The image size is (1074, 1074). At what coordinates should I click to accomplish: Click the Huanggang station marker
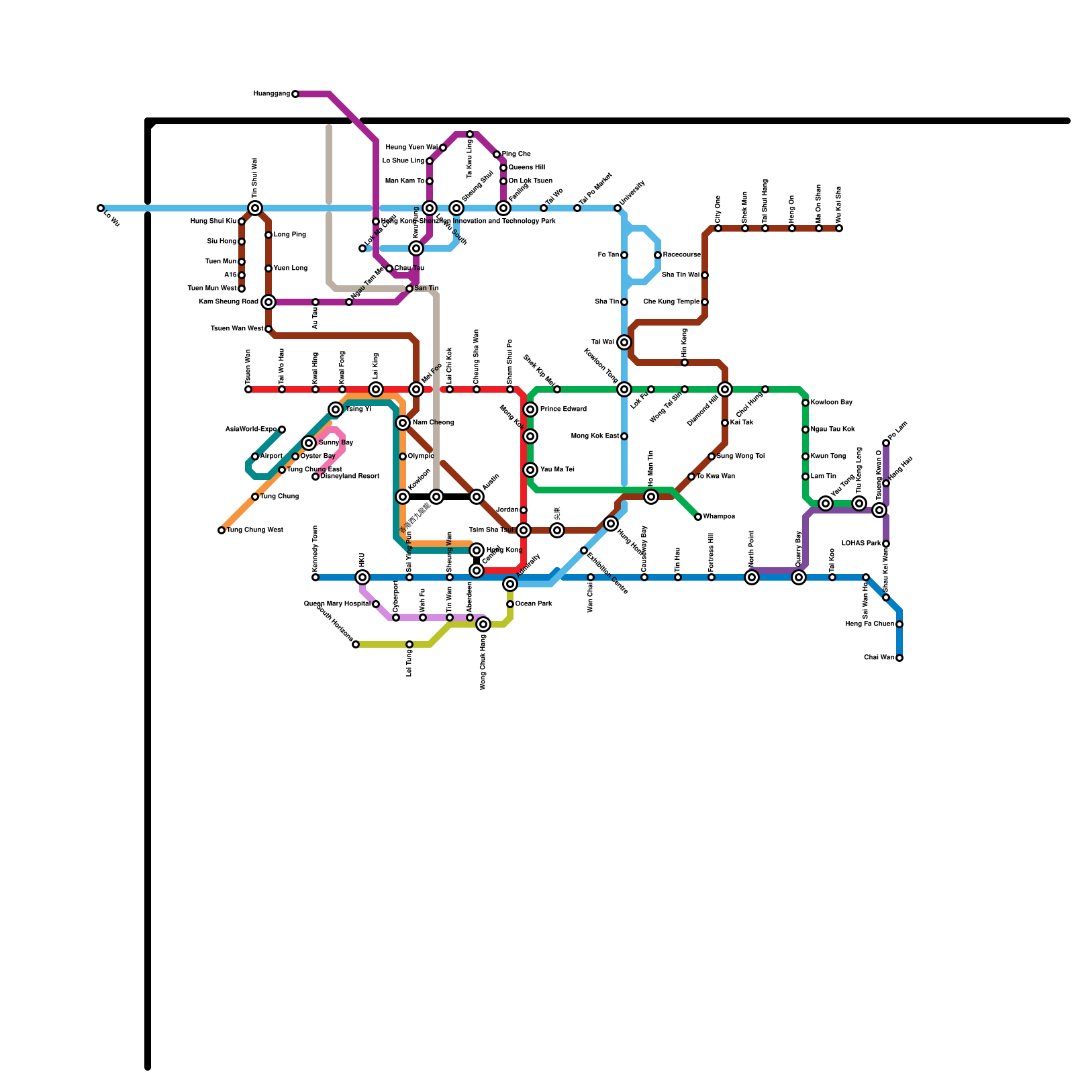(295, 94)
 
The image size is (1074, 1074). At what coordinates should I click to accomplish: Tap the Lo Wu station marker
(101, 208)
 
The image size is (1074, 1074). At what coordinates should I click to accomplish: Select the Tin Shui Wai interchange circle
(255, 208)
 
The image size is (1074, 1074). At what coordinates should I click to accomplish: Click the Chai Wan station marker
(899, 658)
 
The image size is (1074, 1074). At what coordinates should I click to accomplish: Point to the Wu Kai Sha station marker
(839, 228)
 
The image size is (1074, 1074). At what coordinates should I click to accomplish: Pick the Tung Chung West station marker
(222, 530)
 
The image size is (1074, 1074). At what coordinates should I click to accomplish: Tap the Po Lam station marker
(886, 443)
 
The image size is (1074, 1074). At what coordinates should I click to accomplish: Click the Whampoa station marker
(698, 517)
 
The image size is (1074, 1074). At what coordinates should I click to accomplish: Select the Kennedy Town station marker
(315, 577)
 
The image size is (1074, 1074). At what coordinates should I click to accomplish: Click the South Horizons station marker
(356, 644)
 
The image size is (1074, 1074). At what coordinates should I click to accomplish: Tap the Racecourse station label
(682, 255)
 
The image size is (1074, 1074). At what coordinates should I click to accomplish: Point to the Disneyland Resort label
(350, 477)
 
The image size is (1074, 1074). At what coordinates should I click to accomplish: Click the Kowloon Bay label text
(831, 403)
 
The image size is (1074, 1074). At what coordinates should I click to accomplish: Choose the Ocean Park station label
(534, 604)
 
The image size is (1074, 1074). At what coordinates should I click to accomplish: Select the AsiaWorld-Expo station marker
(282, 430)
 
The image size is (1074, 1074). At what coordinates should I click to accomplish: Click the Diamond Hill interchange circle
(725, 389)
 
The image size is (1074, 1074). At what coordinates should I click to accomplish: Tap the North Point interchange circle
(752, 577)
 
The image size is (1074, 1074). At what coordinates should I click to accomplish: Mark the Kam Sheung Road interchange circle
(268, 302)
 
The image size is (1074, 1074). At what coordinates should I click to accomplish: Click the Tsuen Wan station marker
(248, 389)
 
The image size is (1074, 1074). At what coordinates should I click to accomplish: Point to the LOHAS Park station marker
(886, 544)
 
